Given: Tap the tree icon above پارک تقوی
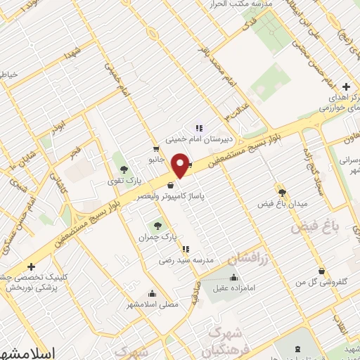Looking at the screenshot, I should [x=124, y=169].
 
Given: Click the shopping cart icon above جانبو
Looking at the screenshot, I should [x=156, y=148].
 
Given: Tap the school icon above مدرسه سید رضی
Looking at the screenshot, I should [x=185, y=249].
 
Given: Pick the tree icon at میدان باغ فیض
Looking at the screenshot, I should [x=282, y=192].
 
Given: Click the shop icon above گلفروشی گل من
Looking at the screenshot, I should [x=321, y=271].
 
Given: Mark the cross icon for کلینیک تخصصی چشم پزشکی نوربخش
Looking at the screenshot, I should [x=31, y=266].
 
